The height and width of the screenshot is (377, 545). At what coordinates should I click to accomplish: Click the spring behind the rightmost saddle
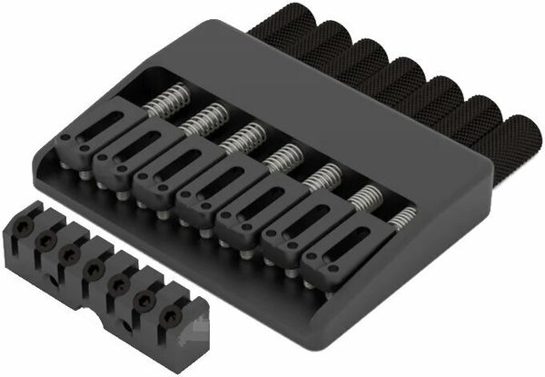tap(403, 216)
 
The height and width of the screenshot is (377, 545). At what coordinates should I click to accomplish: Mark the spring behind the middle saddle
tap(283, 156)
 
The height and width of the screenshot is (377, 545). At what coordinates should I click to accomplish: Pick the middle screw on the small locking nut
tap(93, 270)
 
